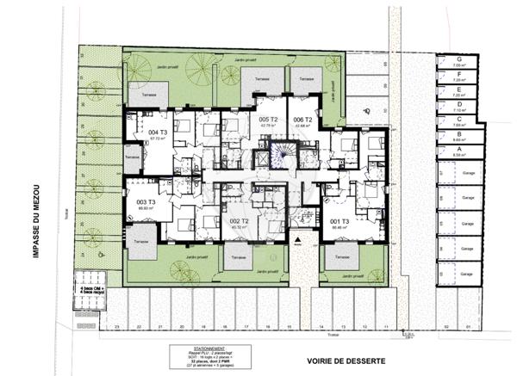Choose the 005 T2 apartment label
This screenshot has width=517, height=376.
[267, 120]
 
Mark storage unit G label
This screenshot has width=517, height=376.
[460, 60]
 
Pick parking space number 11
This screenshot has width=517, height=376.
[387, 327]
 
